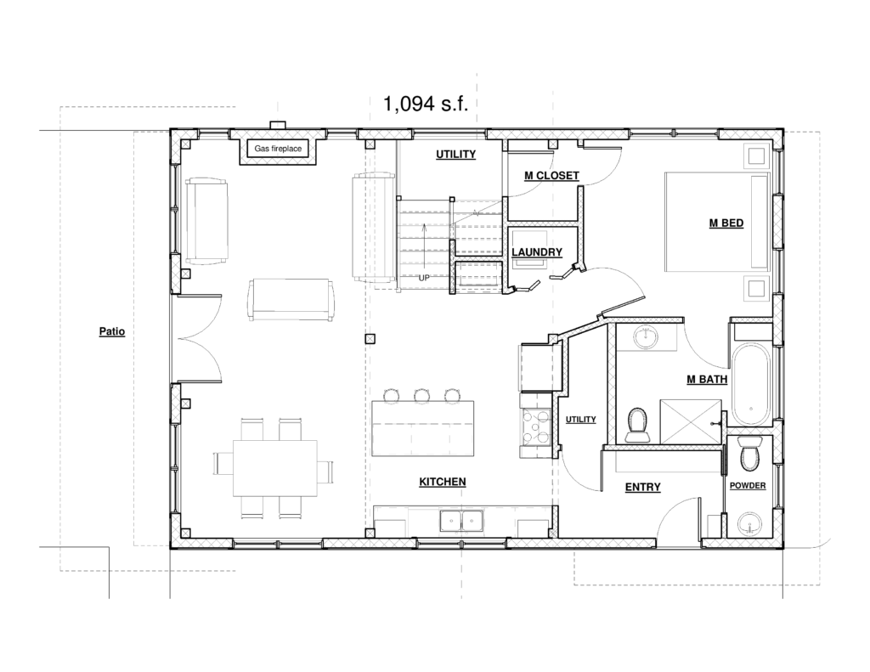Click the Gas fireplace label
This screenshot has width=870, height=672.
click(278, 149)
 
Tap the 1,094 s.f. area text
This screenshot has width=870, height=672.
click(426, 103)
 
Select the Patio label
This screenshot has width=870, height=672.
click(112, 332)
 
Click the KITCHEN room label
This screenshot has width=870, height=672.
click(442, 482)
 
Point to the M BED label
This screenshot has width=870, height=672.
click(726, 223)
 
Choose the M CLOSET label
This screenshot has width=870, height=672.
click(551, 175)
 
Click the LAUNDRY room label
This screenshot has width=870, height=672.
click(537, 252)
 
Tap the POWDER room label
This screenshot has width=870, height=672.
click(748, 486)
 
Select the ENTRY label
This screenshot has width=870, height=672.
click(642, 487)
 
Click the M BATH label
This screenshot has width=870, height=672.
click(707, 380)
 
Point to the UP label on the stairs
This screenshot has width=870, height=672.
click(424, 278)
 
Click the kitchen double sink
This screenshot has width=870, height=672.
click(461, 521)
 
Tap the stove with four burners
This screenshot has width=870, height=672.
click(534, 426)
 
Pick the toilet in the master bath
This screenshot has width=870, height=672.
click(637, 424)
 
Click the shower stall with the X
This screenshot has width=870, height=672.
click(691, 421)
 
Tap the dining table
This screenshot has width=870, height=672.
click(275, 468)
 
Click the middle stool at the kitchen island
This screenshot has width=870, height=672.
click(421, 396)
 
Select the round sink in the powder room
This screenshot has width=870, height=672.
click(749, 523)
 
